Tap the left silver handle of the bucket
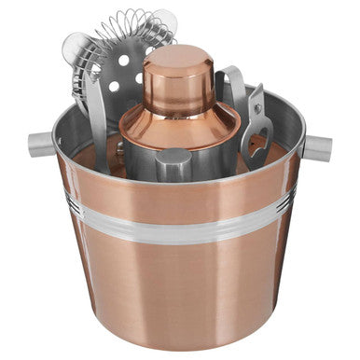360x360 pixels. coord(43,143)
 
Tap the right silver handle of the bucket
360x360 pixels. coord(317,147)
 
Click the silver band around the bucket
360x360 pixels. coord(177,224)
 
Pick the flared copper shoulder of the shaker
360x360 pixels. coord(177,124)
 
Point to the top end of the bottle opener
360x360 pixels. coord(255,93)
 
